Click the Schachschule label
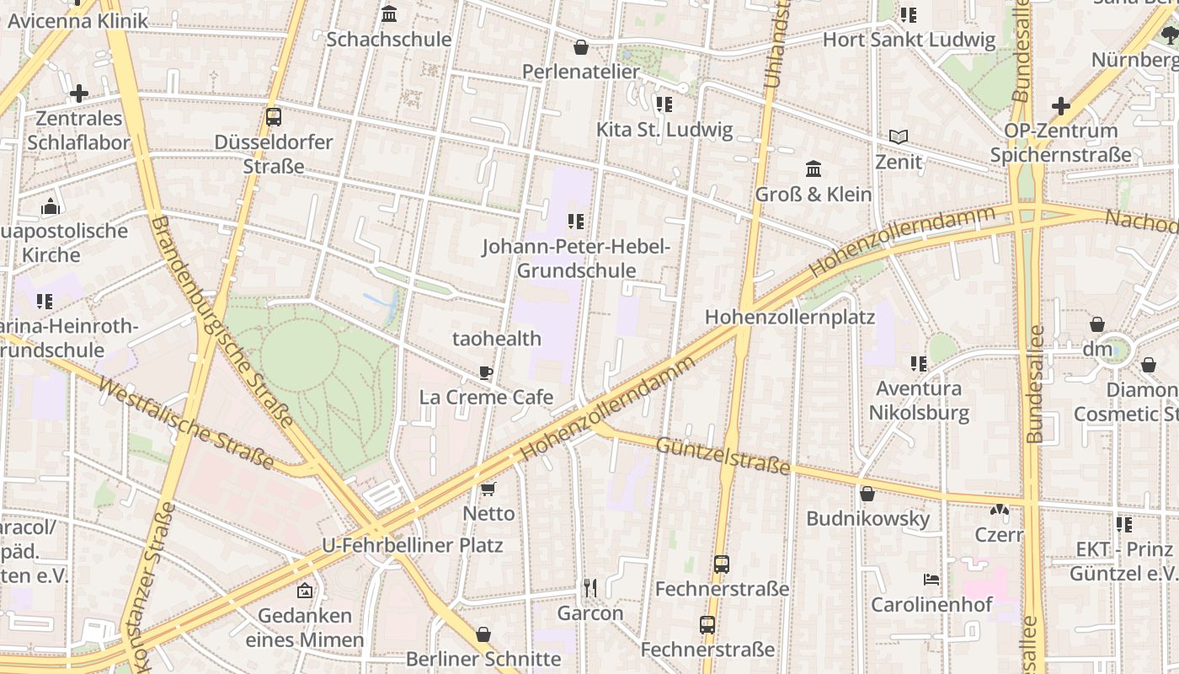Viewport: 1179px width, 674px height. coord(388,39)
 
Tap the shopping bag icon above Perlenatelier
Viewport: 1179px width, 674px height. coord(580,47)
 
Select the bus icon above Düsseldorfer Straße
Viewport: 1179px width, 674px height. coord(273,117)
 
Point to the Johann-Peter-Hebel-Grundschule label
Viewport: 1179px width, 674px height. coord(576,259)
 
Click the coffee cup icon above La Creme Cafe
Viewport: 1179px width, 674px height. coord(486,372)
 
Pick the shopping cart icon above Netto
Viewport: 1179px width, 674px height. coord(488,489)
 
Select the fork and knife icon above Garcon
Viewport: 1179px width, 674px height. coord(590,588)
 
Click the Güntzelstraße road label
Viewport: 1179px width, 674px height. coord(723,455)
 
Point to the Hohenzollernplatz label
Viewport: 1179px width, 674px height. coord(789,318)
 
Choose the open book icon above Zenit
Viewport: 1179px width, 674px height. coord(899,136)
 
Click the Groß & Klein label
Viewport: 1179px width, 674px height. coord(813,194)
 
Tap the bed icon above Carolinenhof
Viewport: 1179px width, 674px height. coord(931,580)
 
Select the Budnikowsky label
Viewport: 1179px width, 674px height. coord(867,518)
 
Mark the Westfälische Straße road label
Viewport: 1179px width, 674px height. coord(186,423)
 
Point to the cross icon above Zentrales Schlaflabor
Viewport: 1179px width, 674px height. coord(79,93)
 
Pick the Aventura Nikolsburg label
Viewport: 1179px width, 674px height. coord(919,401)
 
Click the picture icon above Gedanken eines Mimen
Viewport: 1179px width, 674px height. coord(305,591)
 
